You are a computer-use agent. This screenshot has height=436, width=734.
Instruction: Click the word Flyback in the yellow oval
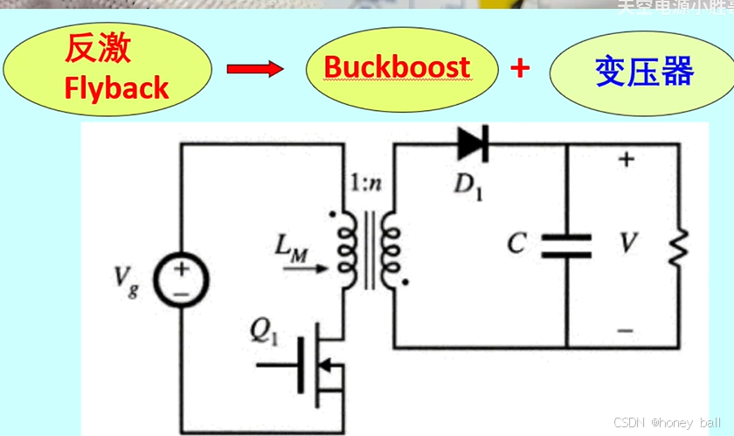coord(116,87)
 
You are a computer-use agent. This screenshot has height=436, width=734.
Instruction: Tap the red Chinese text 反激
coord(97,49)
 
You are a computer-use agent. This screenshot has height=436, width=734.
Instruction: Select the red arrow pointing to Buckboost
coord(255,69)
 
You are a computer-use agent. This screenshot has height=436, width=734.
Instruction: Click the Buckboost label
coord(397,67)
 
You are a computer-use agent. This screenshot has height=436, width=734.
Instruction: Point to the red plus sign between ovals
coord(521,67)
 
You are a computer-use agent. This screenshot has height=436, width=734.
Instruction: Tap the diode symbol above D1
coord(473,143)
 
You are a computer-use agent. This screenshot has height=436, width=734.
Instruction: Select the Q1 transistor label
coord(262,329)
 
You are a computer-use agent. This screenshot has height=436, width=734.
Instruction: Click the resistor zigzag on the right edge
coord(679,246)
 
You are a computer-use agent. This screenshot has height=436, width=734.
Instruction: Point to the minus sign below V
coord(625,331)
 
